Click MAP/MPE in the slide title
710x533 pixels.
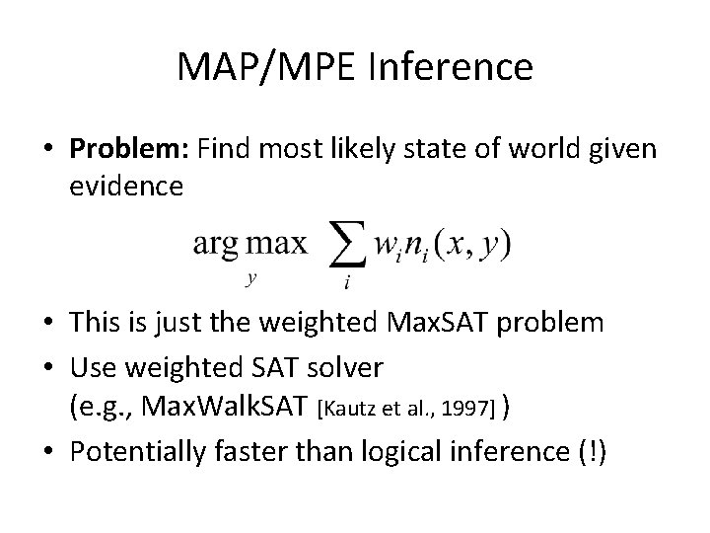[267, 67]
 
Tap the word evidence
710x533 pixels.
[126, 186]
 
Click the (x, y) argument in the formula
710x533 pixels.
[477, 244]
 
